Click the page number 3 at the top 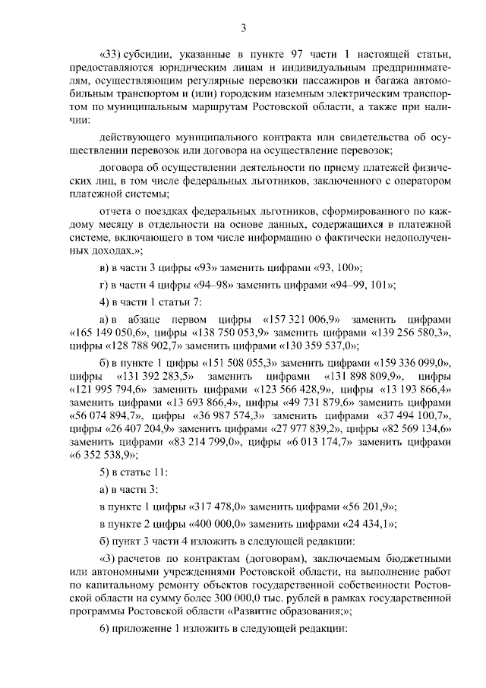point(243,29)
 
